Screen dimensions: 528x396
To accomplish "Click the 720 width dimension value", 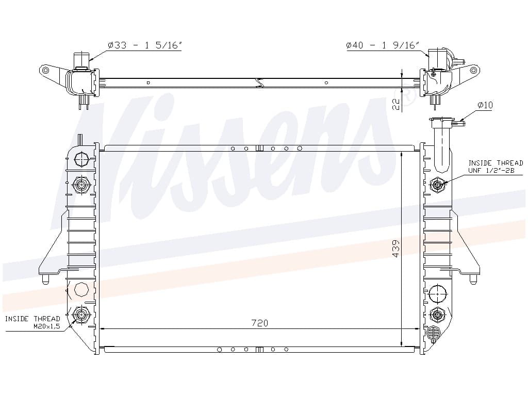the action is click(x=260, y=323).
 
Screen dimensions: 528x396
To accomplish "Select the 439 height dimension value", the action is click(x=396, y=249).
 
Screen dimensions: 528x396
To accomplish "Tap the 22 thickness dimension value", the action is click(x=397, y=104).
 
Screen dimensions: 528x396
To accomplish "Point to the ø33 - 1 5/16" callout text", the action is click(x=145, y=45).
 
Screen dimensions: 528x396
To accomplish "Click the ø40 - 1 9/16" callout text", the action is click(x=383, y=45).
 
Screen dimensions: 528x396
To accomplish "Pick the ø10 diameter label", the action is click(x=485, y=105).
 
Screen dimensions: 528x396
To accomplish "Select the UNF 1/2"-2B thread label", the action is click(x=491, y=170).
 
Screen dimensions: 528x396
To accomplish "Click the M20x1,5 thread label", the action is click(x=46, y=326).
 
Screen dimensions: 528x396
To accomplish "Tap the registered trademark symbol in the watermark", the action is click(x=407, y=95).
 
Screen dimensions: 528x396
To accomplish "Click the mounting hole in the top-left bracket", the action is click(x=45, y=70).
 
